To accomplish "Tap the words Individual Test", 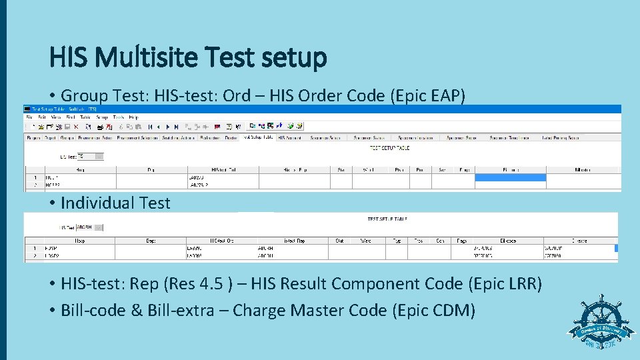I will (x=115, y=203).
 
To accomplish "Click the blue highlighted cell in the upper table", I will (x=510, y=177).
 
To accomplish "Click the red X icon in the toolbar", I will (x=76, y=126).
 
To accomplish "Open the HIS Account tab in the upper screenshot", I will (x=289, y=138).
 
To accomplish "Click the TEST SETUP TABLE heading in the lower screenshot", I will (x=387, y=219).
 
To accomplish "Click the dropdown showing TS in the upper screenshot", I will (x=90, y=156).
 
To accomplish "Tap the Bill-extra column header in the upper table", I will (x=583, y=170).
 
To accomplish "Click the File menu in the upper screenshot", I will (x=29, y=117).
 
